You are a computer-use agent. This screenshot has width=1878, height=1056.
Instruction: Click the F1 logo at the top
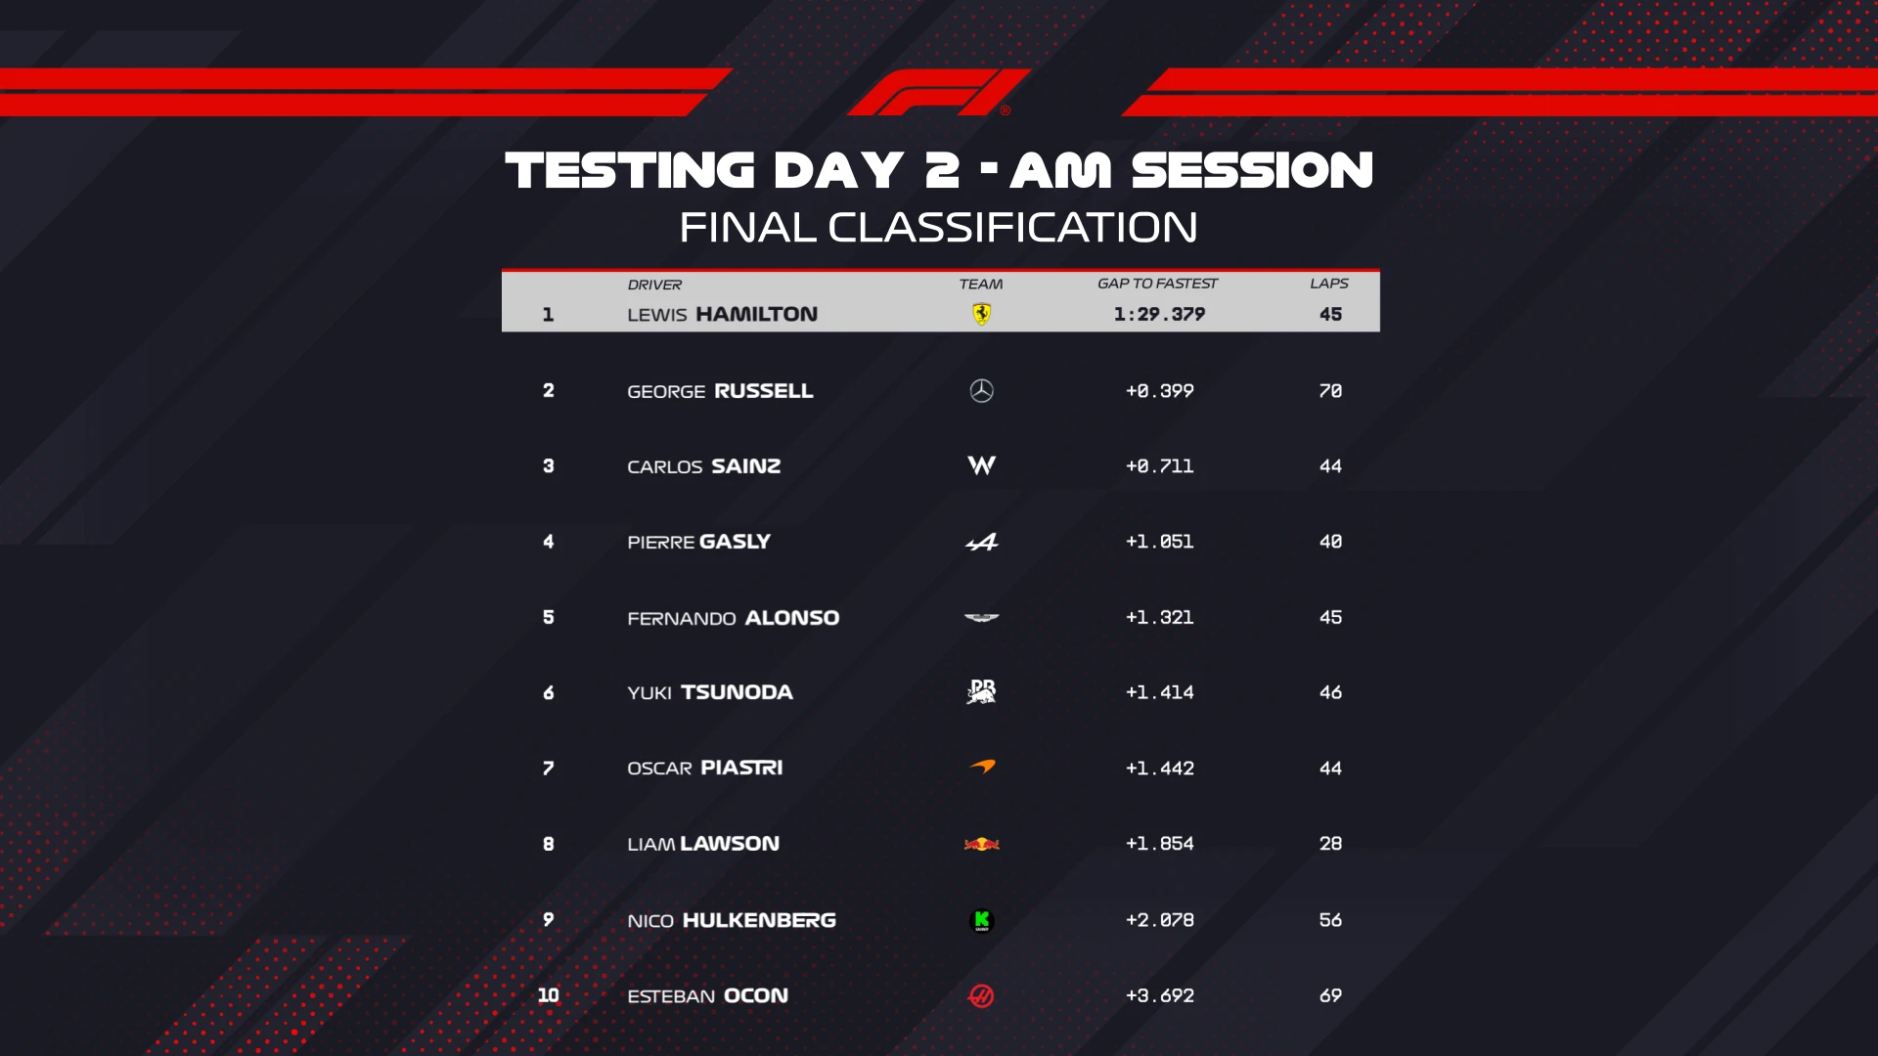point(937,93)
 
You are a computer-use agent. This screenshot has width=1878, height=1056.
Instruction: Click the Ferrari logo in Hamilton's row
point(981,314)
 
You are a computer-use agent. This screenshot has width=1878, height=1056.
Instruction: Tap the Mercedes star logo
point(981,391)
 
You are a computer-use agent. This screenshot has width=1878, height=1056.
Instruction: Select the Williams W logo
point(981,465)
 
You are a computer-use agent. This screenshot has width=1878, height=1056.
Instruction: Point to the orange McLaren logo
point(982,768)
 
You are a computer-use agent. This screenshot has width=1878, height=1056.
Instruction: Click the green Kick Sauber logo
point(981,920)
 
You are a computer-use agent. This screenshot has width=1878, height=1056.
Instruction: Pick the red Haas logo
point(981,995)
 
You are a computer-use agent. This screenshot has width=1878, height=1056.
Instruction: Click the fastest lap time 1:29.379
point(1159,314)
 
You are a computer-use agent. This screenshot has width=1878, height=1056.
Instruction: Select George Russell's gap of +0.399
point(1159,391)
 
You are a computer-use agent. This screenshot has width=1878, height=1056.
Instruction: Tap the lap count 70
point(1330,391)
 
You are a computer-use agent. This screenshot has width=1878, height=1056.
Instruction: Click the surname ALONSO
point(791,618)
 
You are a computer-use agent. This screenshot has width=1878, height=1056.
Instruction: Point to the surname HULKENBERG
point(759,920)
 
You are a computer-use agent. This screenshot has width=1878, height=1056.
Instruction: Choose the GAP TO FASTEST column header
point(1157,284)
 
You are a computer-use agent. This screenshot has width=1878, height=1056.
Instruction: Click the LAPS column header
point(1329,284)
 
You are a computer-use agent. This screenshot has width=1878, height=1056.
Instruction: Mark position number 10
point(548,995)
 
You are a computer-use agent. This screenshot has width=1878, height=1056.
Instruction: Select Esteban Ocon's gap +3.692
point(1159,995)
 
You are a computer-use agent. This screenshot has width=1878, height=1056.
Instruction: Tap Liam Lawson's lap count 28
point(1330,844)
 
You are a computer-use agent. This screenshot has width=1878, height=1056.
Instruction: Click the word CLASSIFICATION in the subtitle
point(1012,228)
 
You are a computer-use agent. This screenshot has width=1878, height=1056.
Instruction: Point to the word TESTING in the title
point(630,170)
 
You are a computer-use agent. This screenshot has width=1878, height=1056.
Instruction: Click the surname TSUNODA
point(737,692)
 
